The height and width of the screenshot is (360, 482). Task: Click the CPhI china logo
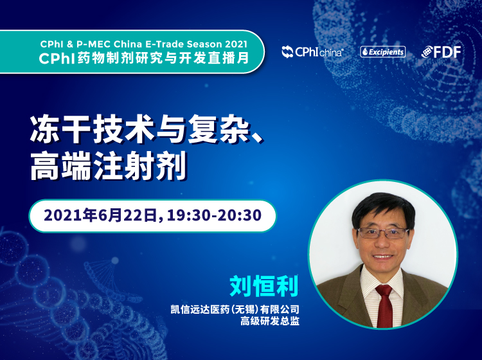click(312, 51)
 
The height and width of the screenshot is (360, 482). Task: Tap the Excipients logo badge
click(383, 51)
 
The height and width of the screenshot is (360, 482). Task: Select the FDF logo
click(441, 51)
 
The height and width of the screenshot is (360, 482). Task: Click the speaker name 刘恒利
click(264, 286)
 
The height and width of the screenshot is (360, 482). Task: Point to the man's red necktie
click(384, 305)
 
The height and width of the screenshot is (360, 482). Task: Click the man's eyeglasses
click(382, 233)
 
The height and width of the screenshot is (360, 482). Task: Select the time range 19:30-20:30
click(214, 215)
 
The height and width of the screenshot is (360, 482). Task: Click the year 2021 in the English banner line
click(236, 44)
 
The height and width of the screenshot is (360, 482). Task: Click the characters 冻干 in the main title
click(62, 129)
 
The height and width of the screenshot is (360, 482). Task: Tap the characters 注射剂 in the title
click(140, 165)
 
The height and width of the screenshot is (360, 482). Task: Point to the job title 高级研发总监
click(269, 321)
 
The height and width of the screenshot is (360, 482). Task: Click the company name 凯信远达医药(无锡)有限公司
click(235, 309)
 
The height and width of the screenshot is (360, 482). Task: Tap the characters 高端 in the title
click(61, 165)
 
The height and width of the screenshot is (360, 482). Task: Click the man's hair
click(383, 208)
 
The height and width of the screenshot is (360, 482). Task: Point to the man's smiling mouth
click(382, 256)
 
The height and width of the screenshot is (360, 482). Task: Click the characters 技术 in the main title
click(125, 129)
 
